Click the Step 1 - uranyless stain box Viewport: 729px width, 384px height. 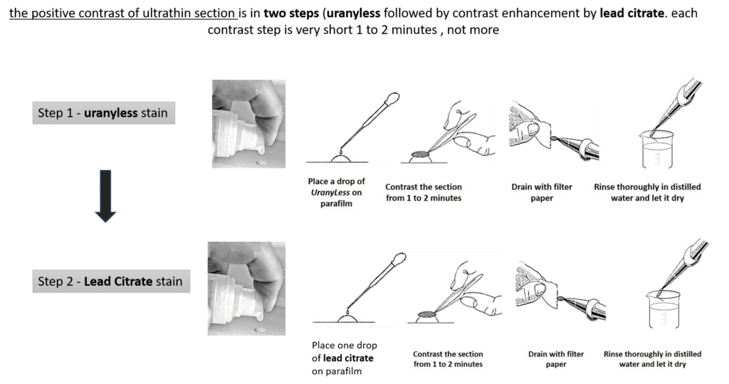pos(104,113)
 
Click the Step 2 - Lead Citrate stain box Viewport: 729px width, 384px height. pos(111,281)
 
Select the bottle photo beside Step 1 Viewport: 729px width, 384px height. pos(248,124)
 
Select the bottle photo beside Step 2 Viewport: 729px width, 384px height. pos(246,288)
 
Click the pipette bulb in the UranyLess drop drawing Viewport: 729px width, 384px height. pos(393,98)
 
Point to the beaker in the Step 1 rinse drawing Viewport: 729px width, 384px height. pos(657,149)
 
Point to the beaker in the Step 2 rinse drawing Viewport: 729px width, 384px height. pos(663,309)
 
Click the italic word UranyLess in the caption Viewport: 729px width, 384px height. pos(330,192)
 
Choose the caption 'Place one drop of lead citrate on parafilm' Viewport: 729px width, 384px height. pos(345,358)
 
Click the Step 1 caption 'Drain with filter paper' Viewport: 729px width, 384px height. pos(542,192)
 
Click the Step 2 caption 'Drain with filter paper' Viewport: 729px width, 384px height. pos(556,359)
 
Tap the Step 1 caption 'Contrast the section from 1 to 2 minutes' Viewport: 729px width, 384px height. pos(424,192)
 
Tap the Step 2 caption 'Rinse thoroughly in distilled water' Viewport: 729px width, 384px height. pos(652,359)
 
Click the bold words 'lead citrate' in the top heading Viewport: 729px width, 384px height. pos(632,13)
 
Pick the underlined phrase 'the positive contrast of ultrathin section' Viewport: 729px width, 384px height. pos(122,13)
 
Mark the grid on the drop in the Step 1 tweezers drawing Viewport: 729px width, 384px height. pos(421,154)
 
